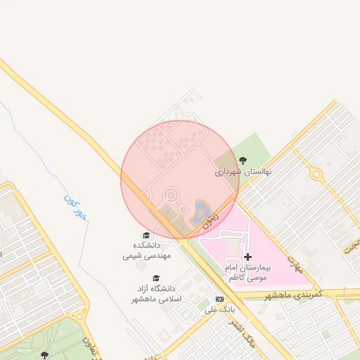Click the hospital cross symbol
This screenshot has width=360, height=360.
(x=247, y=257)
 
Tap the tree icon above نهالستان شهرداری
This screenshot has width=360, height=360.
(x=243, y=160)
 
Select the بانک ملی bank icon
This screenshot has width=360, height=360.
(x=219, y=299)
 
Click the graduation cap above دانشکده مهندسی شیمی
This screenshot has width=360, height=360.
(x=146, y=236)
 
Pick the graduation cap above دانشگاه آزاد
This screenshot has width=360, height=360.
(x=156, y=278)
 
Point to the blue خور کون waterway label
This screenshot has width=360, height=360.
(x=75, y=207)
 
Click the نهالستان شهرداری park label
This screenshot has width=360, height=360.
(x=243, y=171)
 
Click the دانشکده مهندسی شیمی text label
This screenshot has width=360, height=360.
(x=142, y=250)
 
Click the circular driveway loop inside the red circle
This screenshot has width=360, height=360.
(x=171, y=195)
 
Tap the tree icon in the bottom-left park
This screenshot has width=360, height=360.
(x=46, y=355)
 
